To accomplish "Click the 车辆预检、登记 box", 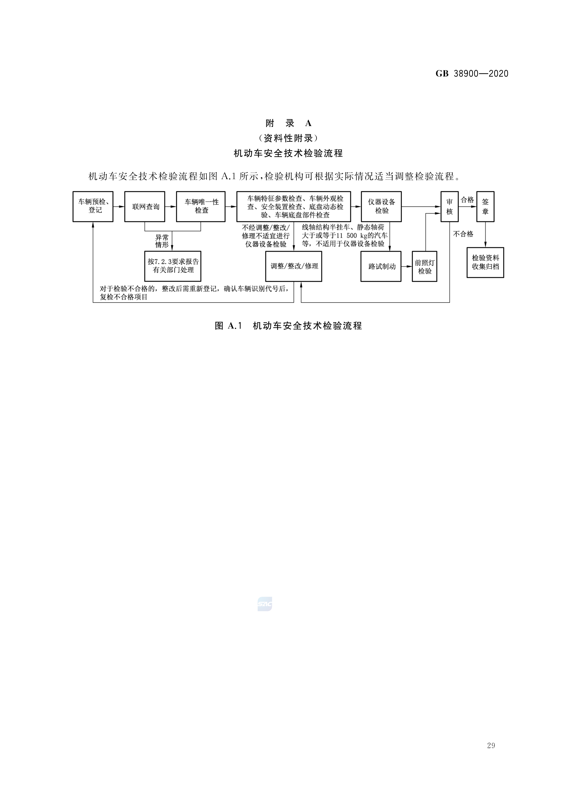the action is (93, 207).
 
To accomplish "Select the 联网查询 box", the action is (145, 207).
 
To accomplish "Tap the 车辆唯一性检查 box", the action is (201, 207).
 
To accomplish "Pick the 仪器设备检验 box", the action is (381, 207).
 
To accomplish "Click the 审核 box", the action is (449, 207).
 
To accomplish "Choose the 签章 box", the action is (485, 207).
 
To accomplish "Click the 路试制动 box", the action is (381, 266).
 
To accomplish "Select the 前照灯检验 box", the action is (425, 266).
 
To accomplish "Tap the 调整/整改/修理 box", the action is (294, 266).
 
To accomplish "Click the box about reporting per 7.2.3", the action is (173, 266).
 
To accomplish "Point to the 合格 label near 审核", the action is (467, 200).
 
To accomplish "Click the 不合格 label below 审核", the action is (463, 234).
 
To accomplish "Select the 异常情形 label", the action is (162, 241).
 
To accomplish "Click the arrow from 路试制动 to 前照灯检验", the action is (407, 266).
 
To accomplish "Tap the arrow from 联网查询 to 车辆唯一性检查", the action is (171, 207).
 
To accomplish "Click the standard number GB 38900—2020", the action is (472, 74).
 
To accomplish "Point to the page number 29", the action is (491, 746).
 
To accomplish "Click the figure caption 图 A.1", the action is (229, 326).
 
